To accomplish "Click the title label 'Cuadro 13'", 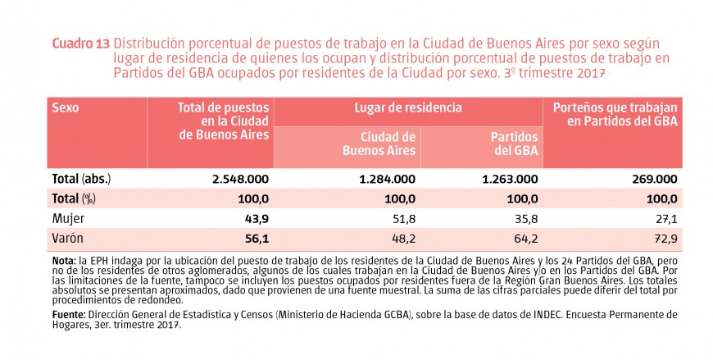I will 81,43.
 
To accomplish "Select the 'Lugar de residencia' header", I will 408,107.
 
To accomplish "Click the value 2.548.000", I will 234,179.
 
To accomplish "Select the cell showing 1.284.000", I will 380,179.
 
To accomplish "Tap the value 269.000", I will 653,179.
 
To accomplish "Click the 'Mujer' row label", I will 68,219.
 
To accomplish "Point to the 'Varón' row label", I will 68,239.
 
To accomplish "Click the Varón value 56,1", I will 257,239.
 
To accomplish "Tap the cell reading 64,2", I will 525,239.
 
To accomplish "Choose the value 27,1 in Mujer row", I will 664,219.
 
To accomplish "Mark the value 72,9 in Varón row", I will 664,239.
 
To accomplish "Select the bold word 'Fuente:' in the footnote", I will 68,314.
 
